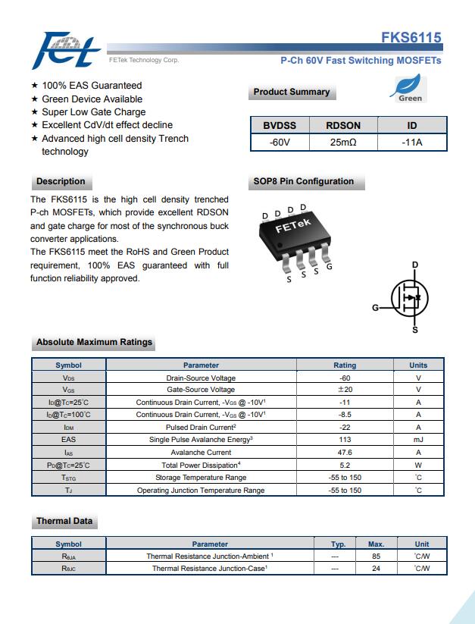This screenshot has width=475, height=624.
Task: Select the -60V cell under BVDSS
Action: point(280,142)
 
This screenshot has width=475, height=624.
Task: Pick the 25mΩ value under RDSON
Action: point(343,142)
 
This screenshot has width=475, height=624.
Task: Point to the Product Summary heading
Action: point(292,92)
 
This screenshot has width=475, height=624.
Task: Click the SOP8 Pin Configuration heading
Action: point(303,181)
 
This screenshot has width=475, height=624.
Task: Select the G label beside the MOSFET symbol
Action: point(375,308)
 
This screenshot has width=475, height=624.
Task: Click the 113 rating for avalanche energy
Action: point(345,440)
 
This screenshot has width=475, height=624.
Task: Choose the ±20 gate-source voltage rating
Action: point(345,390)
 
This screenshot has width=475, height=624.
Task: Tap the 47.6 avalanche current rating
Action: point(345,452)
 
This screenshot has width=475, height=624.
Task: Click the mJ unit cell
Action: point(418,440)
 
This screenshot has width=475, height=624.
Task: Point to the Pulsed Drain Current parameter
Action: point(201,428)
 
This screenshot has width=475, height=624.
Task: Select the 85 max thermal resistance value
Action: point(376,556)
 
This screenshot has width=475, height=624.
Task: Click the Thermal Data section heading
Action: point(64,521)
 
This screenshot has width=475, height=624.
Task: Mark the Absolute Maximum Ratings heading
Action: point(95,342)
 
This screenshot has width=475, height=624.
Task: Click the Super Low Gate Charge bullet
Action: point(93,112)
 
